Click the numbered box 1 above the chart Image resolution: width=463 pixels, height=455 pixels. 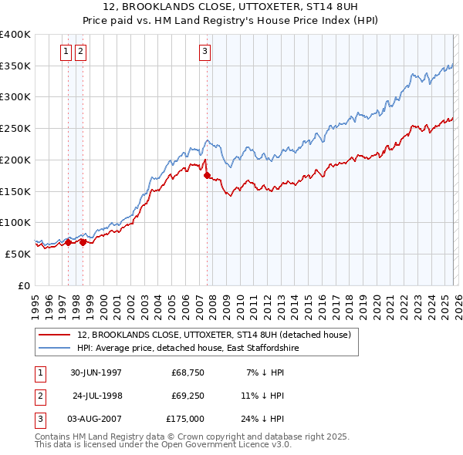coord(66,52)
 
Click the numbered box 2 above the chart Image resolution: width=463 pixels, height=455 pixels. coord(80,52)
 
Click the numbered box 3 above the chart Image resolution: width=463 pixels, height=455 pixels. coord(205,52)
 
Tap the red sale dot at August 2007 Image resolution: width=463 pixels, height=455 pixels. coord(207,176)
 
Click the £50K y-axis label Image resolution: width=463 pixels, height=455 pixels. coord(19,254)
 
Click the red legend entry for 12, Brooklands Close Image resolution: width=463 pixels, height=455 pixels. coord(214,335)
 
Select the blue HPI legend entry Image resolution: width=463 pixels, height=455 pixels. coord(191,349)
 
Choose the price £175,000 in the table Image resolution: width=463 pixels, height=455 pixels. coord(185,419)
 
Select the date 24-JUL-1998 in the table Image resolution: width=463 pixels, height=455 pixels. coord(97,396)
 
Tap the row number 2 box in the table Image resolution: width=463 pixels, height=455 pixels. coord(39,396)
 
